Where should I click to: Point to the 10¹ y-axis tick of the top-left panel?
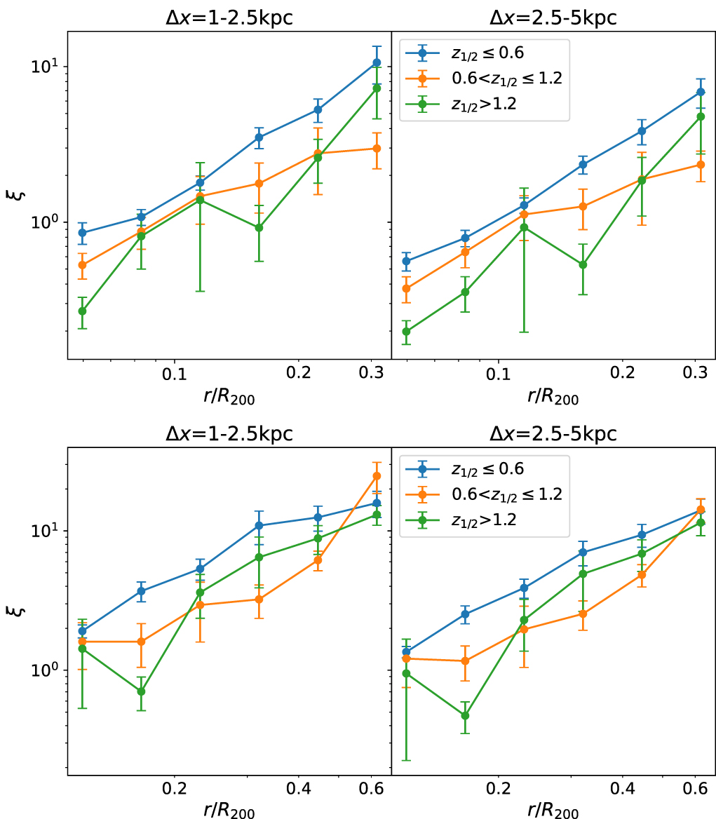click(x=48, y=67)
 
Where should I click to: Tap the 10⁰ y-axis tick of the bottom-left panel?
click(x=48, y=670)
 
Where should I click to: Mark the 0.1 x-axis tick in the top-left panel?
click(x=174, y=373)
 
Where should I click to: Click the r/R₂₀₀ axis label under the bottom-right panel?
click(x=553, y=809)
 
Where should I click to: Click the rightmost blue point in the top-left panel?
click(x=377, y=63)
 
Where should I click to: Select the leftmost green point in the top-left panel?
click(x=82, y=311)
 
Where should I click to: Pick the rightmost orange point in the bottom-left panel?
click(x=377, y=476)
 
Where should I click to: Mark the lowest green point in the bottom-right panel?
click(x=465, y=716)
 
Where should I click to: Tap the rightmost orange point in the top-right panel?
click(x=701, y=165)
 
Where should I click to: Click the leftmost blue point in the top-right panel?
click(x=406, y=261)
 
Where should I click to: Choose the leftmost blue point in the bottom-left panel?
click(x=82, y=631)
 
